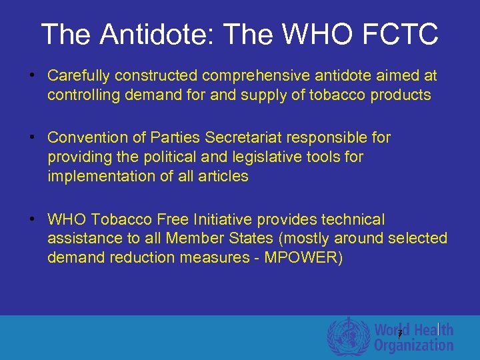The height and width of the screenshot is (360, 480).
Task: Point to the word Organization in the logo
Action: [x=413, y=345]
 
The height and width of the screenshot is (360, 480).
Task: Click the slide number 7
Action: [x=399, y=334]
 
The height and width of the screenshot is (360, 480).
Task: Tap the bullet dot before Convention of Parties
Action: [x=31, y=137]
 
